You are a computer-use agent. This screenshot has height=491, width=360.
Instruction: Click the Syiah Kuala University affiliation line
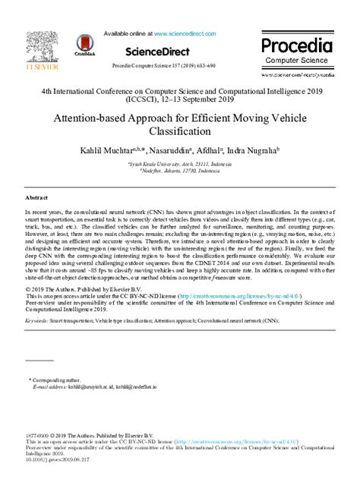coord(179,163)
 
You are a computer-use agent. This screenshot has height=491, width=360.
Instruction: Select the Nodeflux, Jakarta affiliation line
coord(179,171)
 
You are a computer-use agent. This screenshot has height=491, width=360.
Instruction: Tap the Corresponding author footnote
coord(56,378)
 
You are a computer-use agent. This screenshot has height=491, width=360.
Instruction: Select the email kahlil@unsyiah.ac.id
coord(95,386)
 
